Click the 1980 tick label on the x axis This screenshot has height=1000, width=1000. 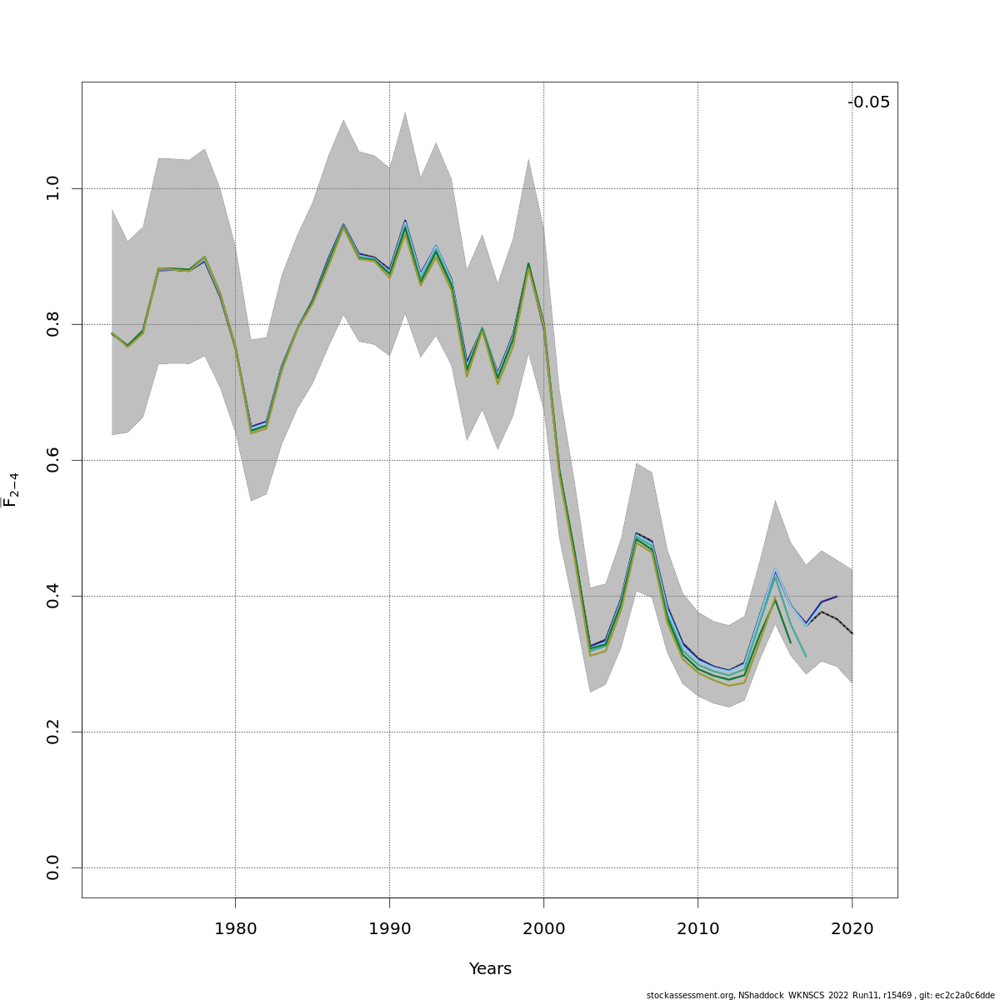[235, 928]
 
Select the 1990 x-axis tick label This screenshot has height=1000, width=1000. [389, 928]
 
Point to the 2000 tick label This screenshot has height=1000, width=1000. [543, 928]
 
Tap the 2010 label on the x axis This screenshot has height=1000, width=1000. [697, 928]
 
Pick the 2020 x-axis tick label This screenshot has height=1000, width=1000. [852, 928]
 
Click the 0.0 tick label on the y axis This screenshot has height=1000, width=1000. [53, 867]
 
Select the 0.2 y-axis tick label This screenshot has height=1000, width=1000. [53, 732]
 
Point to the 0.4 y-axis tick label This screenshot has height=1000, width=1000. [53, 596]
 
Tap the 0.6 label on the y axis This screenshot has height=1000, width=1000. [53, 460]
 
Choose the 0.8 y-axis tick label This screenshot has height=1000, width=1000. [53, 324]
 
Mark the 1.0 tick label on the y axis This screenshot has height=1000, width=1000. [53, 188]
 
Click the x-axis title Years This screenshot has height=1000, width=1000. [490, 969]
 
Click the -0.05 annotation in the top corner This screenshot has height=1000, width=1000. [868, 102]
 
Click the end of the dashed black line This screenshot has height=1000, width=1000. [852, 633]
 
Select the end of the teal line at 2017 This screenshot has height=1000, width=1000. [806, 657]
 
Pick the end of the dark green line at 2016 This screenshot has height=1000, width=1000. [790, 642]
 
